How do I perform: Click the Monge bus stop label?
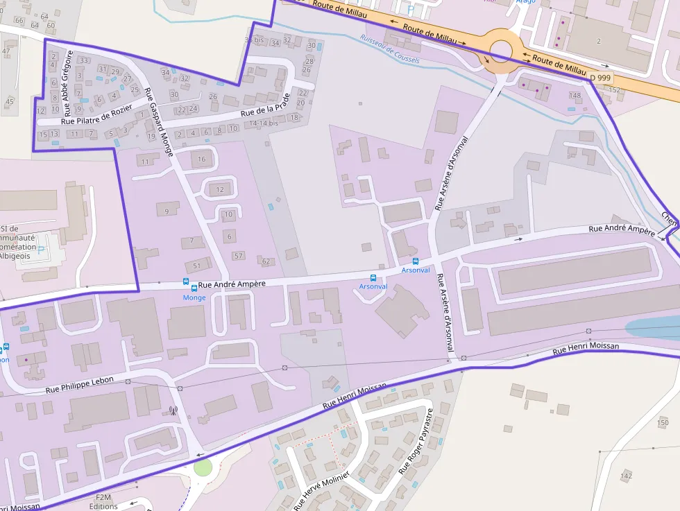click(x=194, y=297)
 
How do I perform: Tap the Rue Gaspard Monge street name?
click(x=158, y=124)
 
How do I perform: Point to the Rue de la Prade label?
click(x=264, y=110)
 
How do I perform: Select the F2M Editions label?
click(x=103, y=501)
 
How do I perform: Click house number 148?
click(x=575, y=95)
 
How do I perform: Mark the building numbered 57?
click(x=239, y=256)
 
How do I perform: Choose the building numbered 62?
click(x=266, y=261)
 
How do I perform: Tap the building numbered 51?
click(x=197, y=266)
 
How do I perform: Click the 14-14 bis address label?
click(x=264, y=123)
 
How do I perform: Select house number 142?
click(x=627, y=476)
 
